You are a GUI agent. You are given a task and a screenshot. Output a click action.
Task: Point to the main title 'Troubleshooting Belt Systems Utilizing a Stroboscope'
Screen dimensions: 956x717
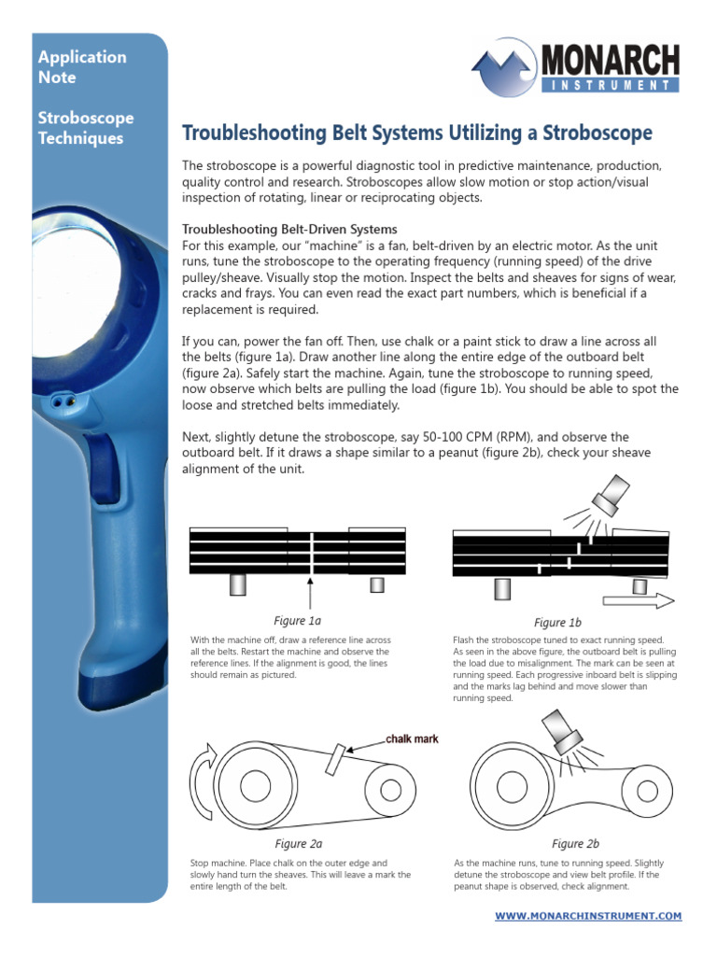pos(416,134)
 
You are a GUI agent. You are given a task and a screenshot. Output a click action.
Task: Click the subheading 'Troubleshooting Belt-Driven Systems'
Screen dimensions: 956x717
pos(289,229)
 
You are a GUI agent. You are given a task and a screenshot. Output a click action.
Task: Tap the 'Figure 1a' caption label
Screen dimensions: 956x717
pos(297,620)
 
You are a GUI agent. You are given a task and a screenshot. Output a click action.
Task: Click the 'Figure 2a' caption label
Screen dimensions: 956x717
pos(297,843)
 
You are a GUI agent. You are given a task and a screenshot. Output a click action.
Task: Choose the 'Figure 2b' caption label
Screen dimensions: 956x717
pos(575,843)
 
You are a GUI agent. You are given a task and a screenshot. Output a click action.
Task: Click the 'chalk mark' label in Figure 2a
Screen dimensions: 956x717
pos(412,738)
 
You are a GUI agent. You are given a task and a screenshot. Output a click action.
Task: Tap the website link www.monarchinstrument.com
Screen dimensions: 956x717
pos(588,916)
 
